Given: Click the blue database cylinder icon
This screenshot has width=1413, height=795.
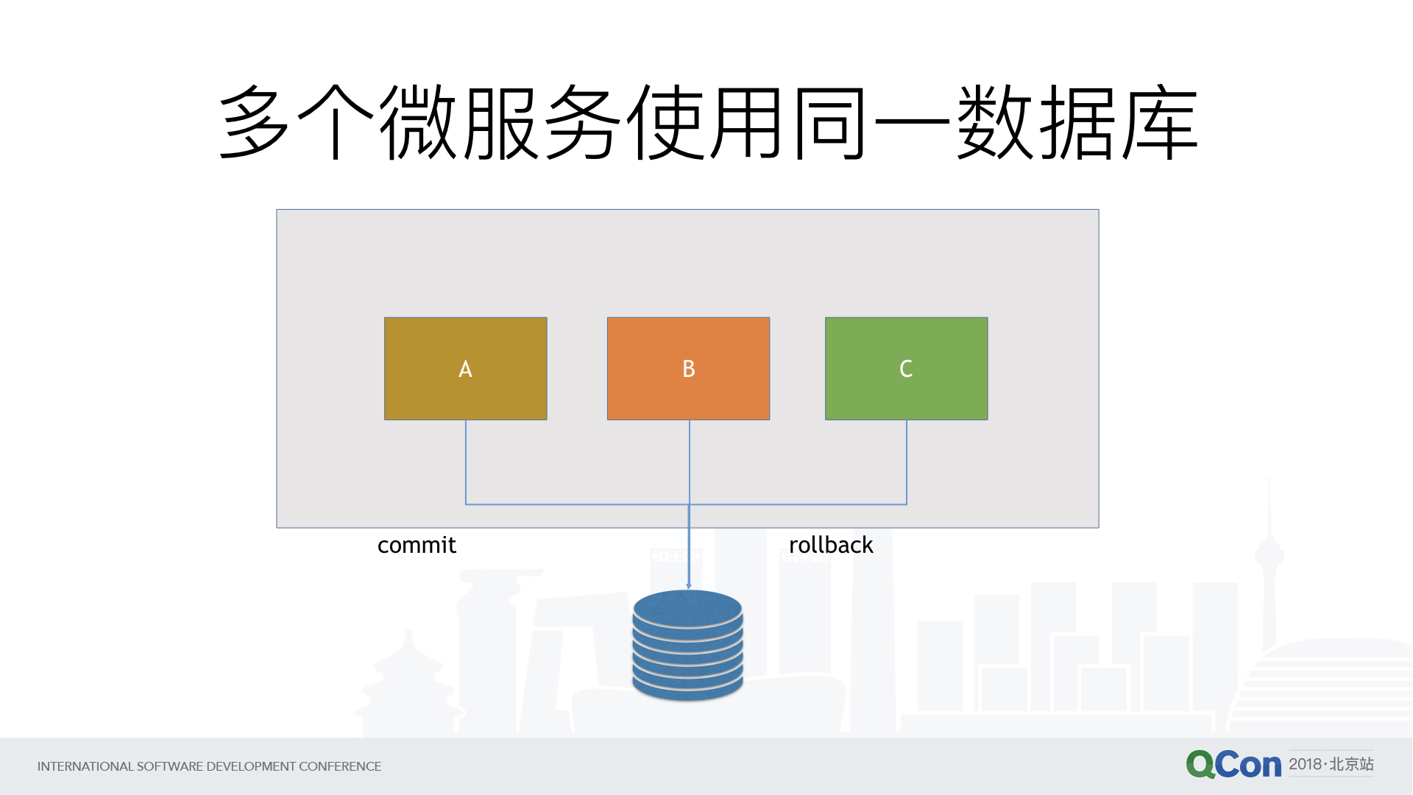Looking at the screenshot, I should pos(687,645).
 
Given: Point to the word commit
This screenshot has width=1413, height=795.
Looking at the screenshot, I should pos(417,545).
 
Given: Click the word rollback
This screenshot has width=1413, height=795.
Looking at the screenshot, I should pos(831,545).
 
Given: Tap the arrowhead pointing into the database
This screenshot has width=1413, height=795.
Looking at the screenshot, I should pos(689,585).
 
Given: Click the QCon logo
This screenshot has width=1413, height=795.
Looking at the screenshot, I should pos(1233,765).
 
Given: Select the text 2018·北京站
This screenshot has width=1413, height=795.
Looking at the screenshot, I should pos(1331,764).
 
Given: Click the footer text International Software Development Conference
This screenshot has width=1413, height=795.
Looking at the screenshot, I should pos(209,766).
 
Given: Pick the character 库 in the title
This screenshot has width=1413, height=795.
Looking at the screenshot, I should pos(1159,121).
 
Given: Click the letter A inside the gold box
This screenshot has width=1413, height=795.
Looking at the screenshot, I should pos(465,369).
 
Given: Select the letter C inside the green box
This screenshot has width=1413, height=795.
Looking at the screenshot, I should pos(906,369).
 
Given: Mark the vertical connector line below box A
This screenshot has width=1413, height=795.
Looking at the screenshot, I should pos(466,462).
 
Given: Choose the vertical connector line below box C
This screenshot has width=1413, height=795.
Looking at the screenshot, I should pos(907,462).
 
